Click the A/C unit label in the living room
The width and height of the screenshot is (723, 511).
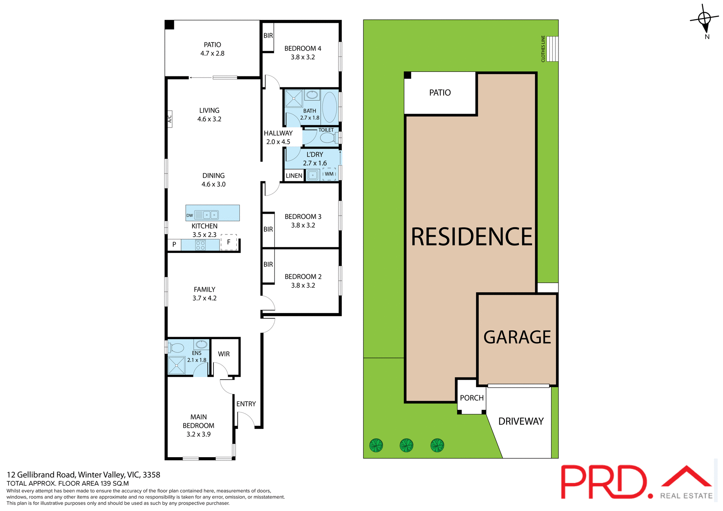click(170, 119)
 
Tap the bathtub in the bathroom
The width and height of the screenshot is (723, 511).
click(329, 107)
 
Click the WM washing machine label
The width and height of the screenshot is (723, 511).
click(329, 174)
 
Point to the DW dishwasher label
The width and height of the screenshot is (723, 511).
click(189, 216)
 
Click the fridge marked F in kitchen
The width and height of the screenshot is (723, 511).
click(229, 242)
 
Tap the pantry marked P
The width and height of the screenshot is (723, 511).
click(174, 245)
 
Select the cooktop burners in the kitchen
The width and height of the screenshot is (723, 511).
click(200, 245)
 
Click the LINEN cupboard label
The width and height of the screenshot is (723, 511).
click(294, 176)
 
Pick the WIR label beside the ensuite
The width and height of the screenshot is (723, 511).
click(224, 354)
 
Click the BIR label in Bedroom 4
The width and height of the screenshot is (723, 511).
click(268, 36)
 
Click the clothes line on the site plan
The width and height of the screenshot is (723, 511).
click(552, 49)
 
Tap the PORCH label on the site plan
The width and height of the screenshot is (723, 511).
click(471, 398)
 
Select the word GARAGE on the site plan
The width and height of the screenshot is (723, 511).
click(517, 337)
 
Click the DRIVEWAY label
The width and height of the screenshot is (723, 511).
click(521, 421)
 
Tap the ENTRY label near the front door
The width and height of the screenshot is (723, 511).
click(246, 404)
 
